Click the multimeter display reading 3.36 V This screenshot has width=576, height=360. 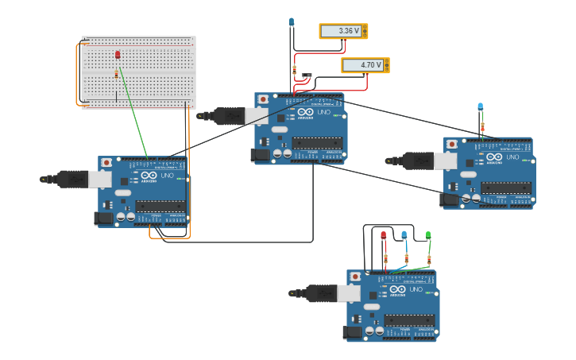pyautogui.click(x=343, y=31)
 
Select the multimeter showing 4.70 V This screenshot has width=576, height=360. pyautogui.click(x=365, y=65)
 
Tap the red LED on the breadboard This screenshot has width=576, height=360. pyautogui.click(x=118, y=55)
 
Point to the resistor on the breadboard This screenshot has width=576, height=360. pyautogui.click(x=116, y=74)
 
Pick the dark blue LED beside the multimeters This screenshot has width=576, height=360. pyautogui.click(x=291, y=22)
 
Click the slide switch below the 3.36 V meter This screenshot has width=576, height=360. pyautogui.click(x=307, y=77)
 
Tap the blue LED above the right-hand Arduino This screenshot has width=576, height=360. pyautogui.click(x=480, y=106)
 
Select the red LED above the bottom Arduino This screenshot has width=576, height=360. pyautogui.click(x=383, y=236)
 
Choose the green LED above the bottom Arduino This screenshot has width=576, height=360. pyautogui.click(x=428, y=235)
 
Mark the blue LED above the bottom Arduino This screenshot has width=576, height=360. pyautogui.click(x=404, y=235)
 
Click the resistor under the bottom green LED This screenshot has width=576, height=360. pyautogui.click(x=429, y=259)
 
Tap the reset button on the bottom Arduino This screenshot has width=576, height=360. pyautogui.click(x=355, y=277)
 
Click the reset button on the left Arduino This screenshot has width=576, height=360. pyautogui.click(x=106, y=163)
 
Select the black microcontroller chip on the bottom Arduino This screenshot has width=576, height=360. pyautogui.click(x=408, y=320)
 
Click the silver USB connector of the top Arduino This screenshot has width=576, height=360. pyautogui.click(x=257, y=116)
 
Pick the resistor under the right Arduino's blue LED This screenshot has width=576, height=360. pyautogui.click(x=481, y=126)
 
